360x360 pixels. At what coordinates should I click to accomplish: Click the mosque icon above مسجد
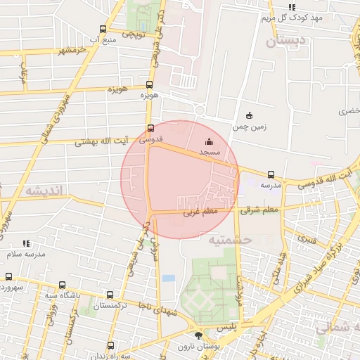click(x=209, y=141)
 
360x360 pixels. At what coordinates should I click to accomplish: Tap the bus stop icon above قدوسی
click(x=150, y=128)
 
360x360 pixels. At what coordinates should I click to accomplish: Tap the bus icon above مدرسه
click(x=271, y=174)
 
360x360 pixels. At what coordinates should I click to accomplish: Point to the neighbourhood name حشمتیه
click(x=229, y=240)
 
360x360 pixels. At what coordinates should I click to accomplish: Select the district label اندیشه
click(x=44, y=191)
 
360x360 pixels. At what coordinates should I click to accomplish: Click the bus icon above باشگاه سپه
click(x=63, y=285)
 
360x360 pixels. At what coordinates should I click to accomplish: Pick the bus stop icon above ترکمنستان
click(x=110, y=295)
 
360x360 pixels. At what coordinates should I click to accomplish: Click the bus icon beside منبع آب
click(x=104, y=30)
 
